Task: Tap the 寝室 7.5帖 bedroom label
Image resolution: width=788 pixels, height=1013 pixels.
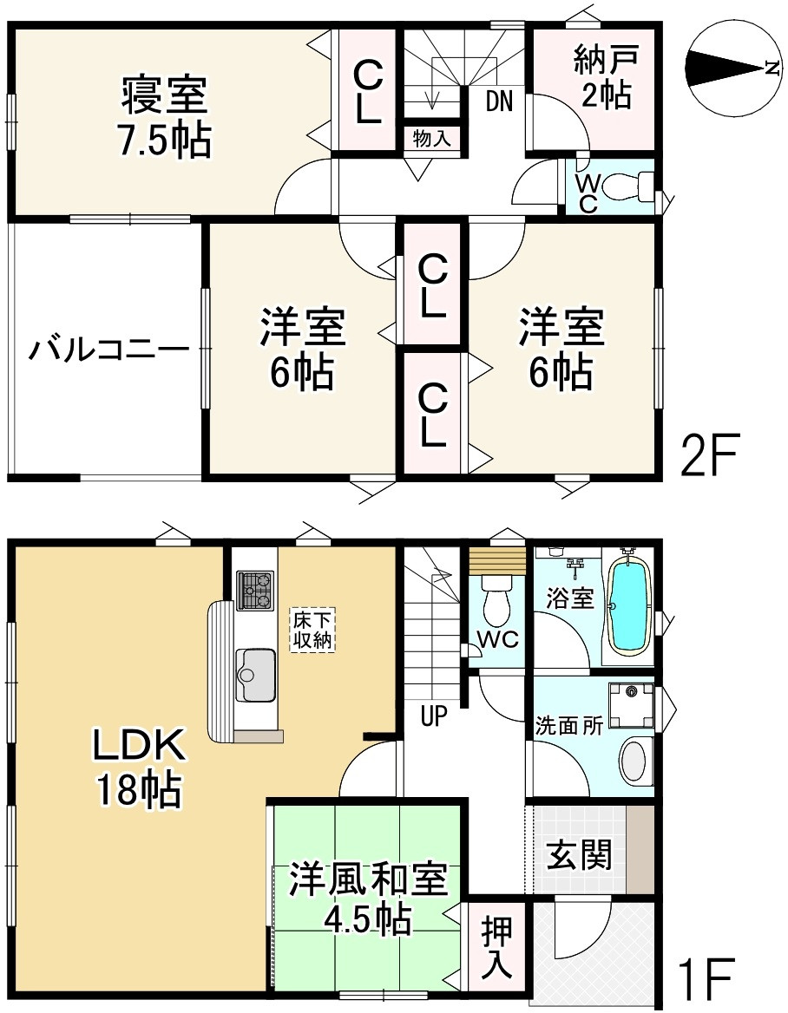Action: [165, 117]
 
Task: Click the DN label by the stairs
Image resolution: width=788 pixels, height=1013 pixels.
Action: [498, 102]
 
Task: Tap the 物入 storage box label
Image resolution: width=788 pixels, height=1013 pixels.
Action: [431, 139]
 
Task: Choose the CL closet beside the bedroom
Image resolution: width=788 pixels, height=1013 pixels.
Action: [368, 91]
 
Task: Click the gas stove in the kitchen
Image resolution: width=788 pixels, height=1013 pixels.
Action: [256, 590]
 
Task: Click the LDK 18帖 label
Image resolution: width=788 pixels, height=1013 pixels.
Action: [139, 768]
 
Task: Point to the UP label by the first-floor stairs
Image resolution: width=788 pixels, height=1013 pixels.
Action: [433, 717]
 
